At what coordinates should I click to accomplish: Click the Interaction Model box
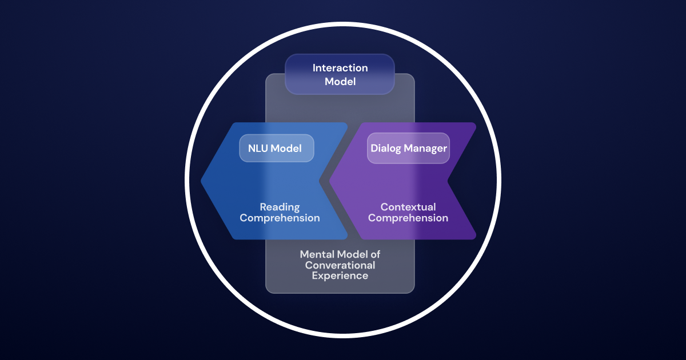pyautogui.click(x=340, y=74)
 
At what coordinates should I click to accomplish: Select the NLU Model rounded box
pyautogui.click(x=276, y=148)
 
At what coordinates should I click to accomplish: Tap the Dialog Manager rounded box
pyautogui.click(x=408, y=148)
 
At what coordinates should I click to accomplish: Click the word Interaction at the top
pyautogui.click(x=340, y=68)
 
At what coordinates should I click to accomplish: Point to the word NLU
pyautogui.click(x=258, y=149)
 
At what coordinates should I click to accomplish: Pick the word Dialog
pyautogui.click(x=386, y=149)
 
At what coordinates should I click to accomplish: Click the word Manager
pyautogui.click(x=425, y=149)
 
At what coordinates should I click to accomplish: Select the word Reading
pyautogui.click(x=280, y=207)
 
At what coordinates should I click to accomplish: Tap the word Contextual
pyautogui.click(x=408, y=207)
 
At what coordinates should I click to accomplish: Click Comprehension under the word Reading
pyautogui.click(x=280, y=218)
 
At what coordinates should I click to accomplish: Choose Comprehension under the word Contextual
pyautogui.click(x=408, y=218)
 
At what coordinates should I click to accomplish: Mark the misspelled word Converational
pyautogui.click(x=340, y=265)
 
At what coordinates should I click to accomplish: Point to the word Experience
pyautogui.click(x=340, y=275)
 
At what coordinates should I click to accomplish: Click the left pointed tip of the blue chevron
pyautogui.click(x=202, y=181)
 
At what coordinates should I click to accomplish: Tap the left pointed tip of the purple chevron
pyautogui.click(x=330, y=181)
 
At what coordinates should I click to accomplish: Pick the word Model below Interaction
pyautogui.click(x=340, y=82)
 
